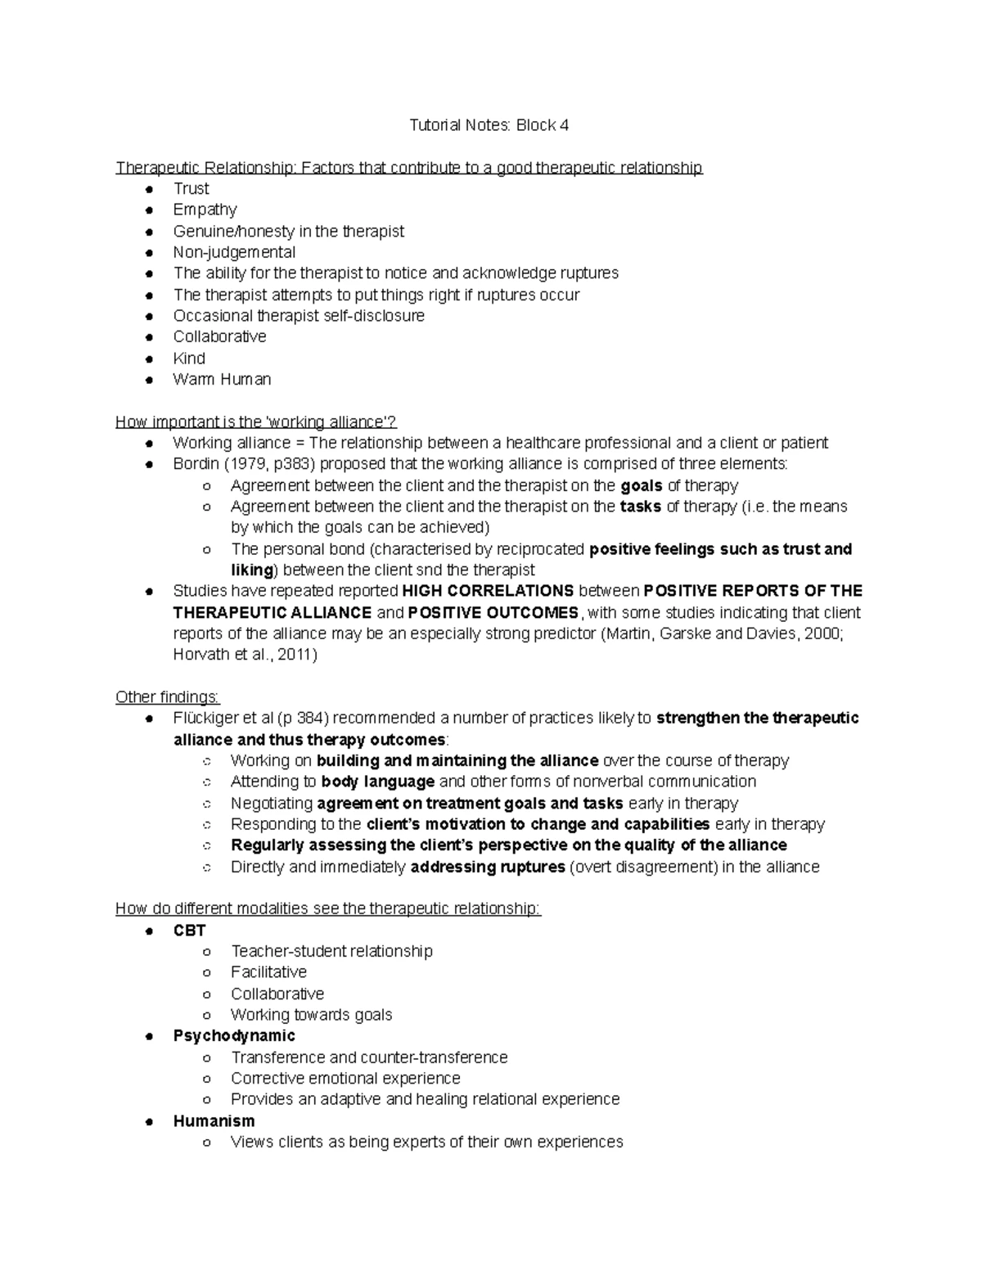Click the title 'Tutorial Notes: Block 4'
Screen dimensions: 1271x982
pos(489,125)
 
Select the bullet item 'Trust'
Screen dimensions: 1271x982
pos(191,188)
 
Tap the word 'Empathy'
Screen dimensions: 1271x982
pos(205,210)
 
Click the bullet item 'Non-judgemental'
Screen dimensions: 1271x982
pos(234,252)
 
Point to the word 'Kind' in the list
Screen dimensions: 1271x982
pos(189,358)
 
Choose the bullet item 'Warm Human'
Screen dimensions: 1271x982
pos(222,380)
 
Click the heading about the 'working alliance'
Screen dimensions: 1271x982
pos(256,422)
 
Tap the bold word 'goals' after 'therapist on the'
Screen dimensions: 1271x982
pos(641,485)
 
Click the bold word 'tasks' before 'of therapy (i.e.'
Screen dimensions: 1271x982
pos(641,507)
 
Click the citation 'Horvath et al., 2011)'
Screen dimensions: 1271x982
pos(245,655)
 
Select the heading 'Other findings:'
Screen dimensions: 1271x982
pos(168,697)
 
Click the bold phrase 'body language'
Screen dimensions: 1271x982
pos(377,782)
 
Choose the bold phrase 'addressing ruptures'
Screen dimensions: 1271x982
pos(487,867)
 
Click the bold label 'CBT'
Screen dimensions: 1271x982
pos(189,931)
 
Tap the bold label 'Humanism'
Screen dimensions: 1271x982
pos(214,1121)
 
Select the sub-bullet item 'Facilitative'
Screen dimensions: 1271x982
pos(268,972)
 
